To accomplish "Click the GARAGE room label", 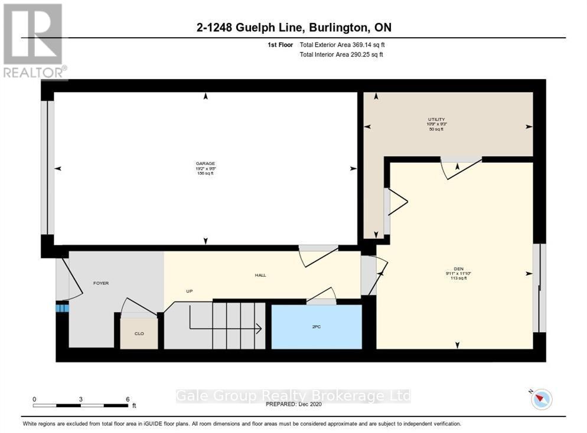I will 205,163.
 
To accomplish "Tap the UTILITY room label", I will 436,119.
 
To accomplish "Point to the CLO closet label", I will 139,333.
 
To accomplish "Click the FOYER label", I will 101,283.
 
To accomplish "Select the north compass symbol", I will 540,399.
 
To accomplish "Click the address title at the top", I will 293,28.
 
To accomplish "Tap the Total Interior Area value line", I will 341,55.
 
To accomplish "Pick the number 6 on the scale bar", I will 128,399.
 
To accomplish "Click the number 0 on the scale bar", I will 34,399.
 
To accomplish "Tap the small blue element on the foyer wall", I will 62,307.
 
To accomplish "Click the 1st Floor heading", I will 280,45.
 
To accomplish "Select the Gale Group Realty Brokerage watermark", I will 293,396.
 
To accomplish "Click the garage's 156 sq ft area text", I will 205,173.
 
